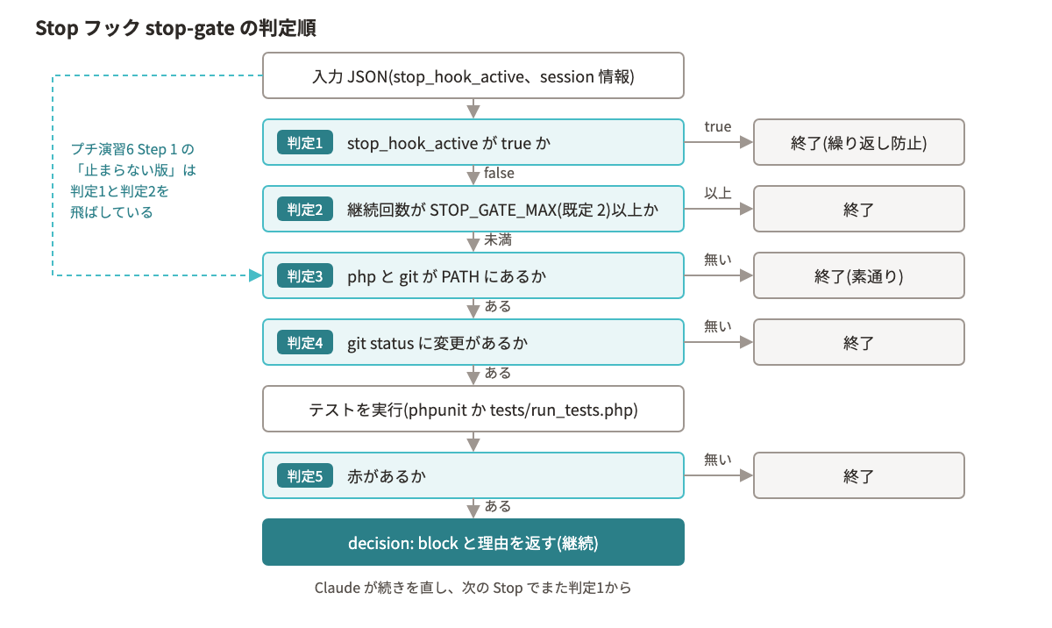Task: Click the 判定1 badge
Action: tap(305, 142)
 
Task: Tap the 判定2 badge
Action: tap(305, 209)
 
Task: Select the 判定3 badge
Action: tap(305, 275)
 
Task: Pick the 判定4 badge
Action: tap(305, 342)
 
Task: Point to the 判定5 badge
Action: tap(305, 475)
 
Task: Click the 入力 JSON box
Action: tap(473, 75)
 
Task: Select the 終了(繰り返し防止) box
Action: tap(859, 142)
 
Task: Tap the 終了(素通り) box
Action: tap(859, 275)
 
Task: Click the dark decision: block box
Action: tap(473, 542)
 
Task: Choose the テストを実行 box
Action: tap(473, 409)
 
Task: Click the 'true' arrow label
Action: tap(718, 127)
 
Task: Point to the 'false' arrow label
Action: tap(499, 174)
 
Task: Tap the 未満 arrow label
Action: tap(498, 240)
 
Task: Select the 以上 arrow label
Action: tap(718, 193)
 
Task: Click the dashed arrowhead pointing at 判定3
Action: tap(255, 275)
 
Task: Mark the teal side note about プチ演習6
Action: tap(133, 181)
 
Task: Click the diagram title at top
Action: tap(175, 28)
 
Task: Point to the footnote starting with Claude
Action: tap(473, 588)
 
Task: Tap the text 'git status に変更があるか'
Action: tap(437, 343)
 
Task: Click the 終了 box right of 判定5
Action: tap(859, 475)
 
